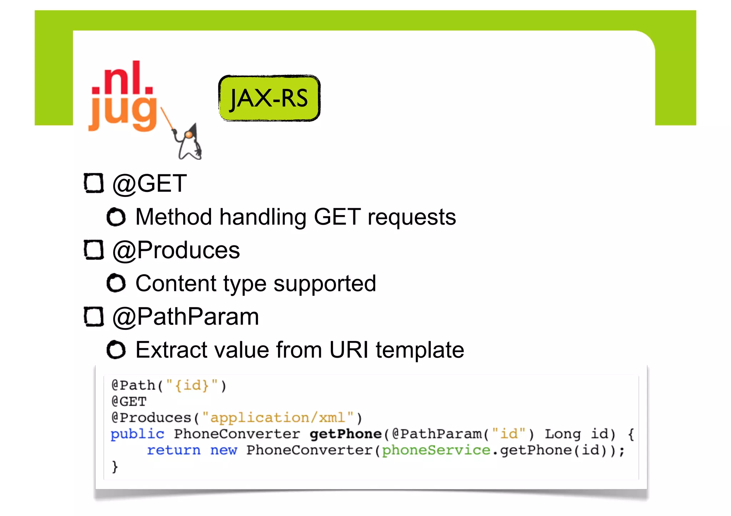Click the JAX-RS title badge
pos(269,98)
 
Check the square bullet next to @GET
pos(94,183)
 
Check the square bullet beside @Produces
pos(94,250)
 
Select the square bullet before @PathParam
pos(94,316)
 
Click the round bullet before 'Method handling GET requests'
pos(116,217)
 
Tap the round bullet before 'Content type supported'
pos(116,283)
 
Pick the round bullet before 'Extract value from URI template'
pos(116,350)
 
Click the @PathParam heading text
pos(186,316)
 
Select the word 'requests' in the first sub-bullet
pos(412,217)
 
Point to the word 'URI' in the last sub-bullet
pos(348,350)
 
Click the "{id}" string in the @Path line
pos(192,385)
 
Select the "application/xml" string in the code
pos(278,418)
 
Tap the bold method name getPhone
pos(346,434)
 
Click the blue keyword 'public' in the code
pos(137,434)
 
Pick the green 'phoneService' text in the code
pos(436,450)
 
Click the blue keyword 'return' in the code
pos(174,450)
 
